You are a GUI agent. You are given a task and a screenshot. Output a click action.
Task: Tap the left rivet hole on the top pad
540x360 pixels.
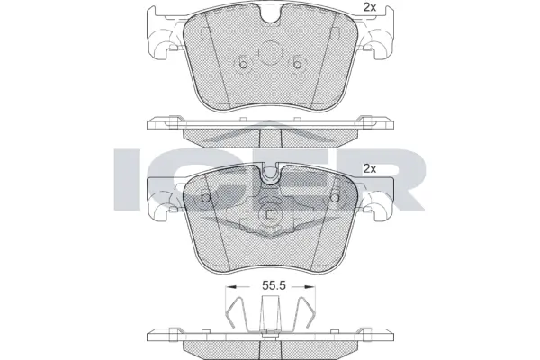(x=242, y=64)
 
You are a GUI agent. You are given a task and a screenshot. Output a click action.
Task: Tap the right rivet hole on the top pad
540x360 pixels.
(x=297, y=64)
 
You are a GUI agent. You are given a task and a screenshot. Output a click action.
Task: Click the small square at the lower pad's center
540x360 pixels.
(x=270, y=216)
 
